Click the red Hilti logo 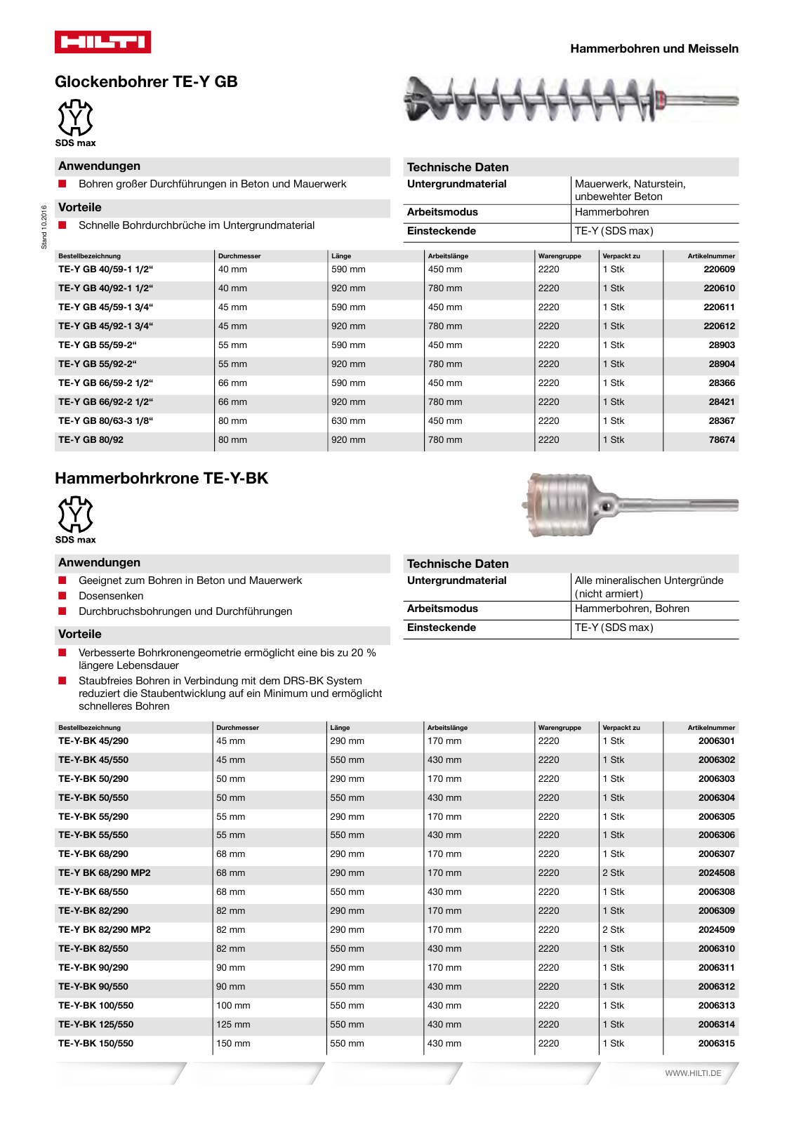click(102, 42)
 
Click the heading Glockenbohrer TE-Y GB click(146, 82)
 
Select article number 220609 click(719, 270)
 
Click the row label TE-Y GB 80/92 click(91, 440)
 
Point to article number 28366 click(721, 383)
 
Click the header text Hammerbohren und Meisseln click(654, 49)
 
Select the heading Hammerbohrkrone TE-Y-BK click(161, 479)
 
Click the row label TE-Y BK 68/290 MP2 click(104, 873)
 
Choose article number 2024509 click(716, 930)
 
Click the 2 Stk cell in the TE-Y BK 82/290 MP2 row click(613, 930)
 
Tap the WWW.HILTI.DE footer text click(693, 1073)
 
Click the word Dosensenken click(111, 596)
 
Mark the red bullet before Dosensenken click(62, 596)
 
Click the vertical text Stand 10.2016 click(44, 227)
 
